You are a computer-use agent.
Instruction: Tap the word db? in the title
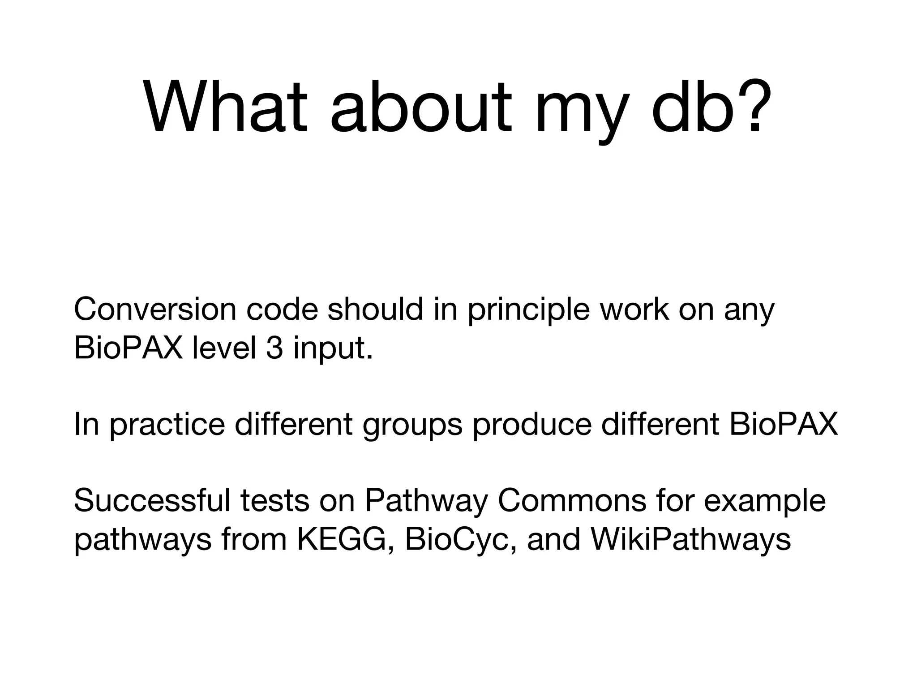(712, 107)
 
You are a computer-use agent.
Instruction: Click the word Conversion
(155, 310)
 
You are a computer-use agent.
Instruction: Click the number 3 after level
(274, 348)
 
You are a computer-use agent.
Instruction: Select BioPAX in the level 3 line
(128, 348)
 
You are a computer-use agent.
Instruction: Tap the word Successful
(152, 500)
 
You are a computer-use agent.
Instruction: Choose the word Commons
(572, 500)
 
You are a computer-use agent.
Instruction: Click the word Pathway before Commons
(426, 500)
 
